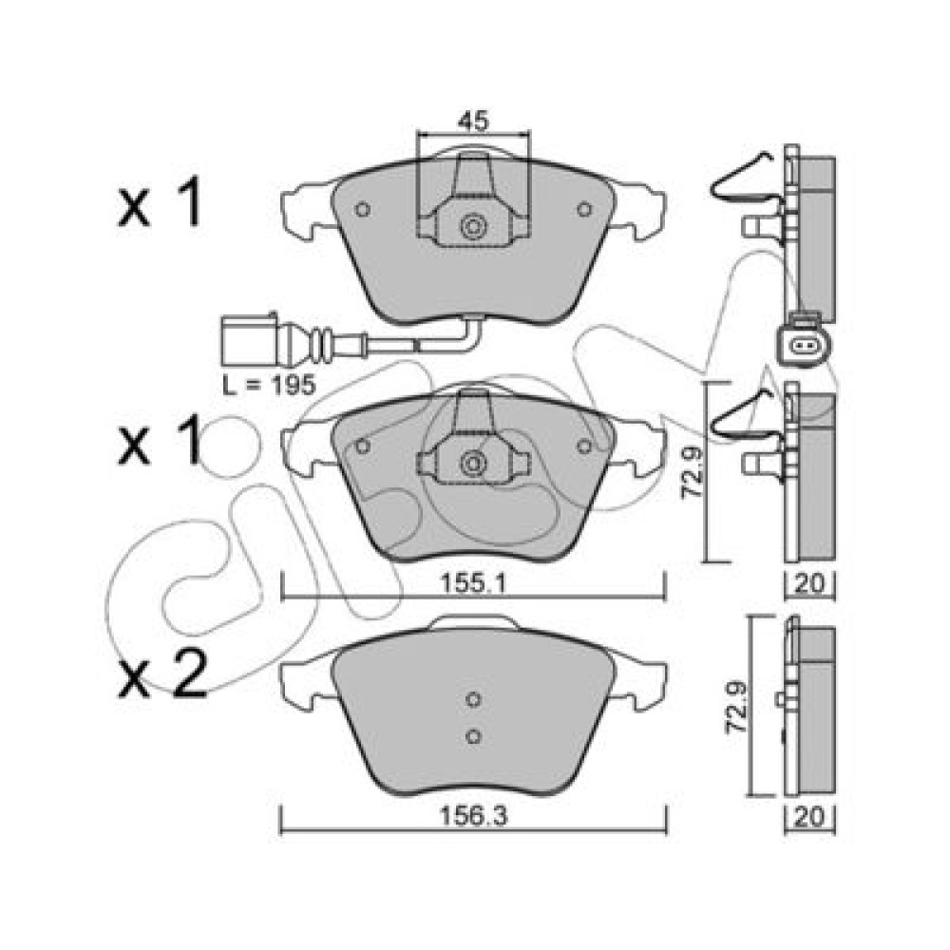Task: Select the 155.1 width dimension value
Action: coord(473,584)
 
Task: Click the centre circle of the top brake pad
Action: coord(474,227)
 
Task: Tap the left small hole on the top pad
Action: coord(363,210)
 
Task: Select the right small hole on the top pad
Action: coord(584,210)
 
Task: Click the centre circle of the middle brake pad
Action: coord(474,464)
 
